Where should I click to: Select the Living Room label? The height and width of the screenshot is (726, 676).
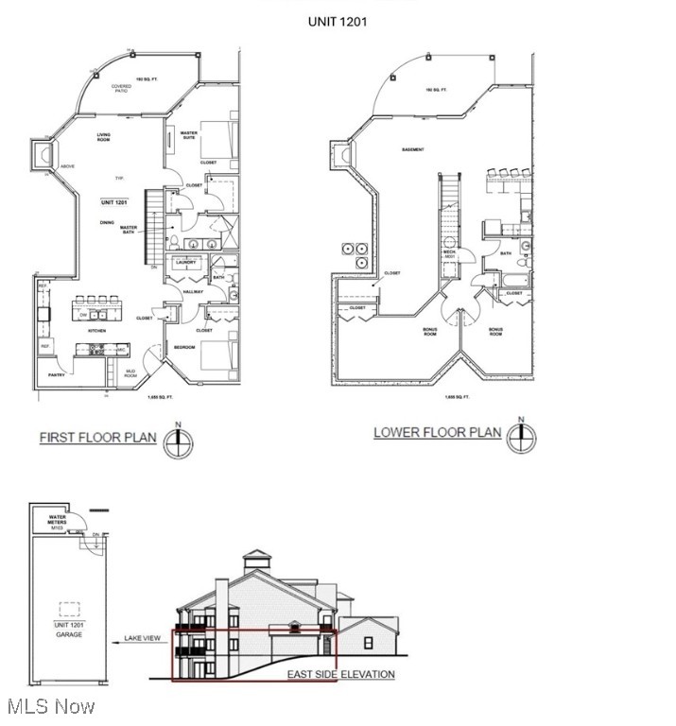(103, 138)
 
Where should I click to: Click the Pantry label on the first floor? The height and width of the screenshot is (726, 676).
(57, 375)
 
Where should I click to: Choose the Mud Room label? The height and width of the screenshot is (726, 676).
(130, 374)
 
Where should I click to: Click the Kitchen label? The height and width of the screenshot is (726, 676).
(95, 331)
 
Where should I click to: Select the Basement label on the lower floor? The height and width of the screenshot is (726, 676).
(412, 149)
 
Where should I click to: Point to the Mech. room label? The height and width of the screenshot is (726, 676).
(450, 253)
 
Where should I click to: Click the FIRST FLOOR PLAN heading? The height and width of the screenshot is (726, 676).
(97, 438)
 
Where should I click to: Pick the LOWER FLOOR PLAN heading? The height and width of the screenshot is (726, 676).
(437, 433)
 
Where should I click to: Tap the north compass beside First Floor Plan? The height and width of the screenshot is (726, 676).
(178, 441)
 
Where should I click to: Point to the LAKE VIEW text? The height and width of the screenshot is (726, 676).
(143, 639)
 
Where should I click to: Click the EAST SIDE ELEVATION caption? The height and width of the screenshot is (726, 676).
(341, 675)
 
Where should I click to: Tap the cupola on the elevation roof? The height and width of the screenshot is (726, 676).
(256, 562)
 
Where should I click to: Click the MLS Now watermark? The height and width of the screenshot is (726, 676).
(49, 706)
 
